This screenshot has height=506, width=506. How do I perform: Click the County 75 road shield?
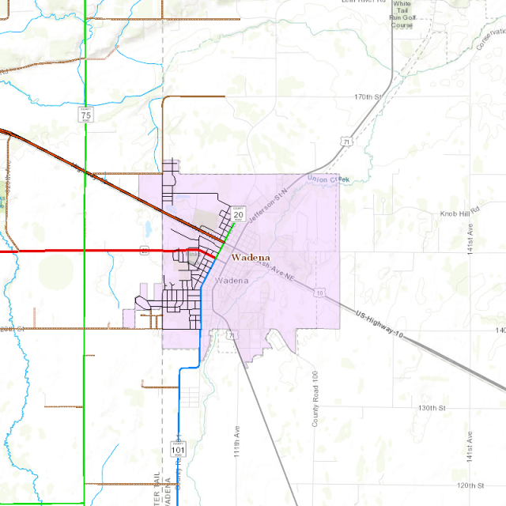click(85, 115)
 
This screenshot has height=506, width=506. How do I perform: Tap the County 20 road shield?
click(238, 213)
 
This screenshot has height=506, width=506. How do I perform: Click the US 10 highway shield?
click(319, 293)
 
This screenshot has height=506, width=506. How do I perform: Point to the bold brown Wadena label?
click(251, 258)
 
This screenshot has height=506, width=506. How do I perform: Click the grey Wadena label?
click(232, 281)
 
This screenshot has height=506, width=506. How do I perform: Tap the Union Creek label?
click(327, 179)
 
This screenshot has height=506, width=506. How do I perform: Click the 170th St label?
click(368, 96)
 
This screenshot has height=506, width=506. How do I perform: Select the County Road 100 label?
click(315, 399)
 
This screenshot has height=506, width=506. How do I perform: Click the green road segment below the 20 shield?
click(227, 235)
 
